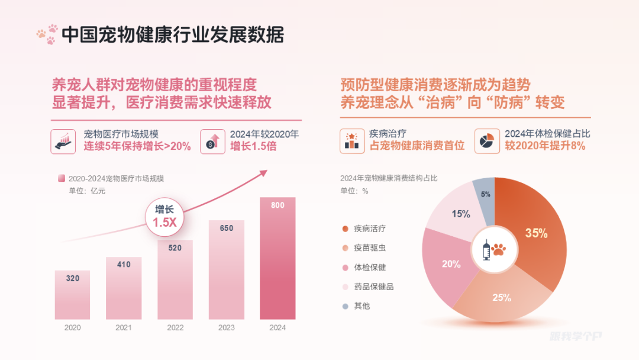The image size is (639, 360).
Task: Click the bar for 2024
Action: pyautogui.click(x=277, y=261)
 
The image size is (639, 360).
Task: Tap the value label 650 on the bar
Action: pyautogui.click(x=226, y=228)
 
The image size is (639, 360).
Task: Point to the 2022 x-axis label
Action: pyautogui.click(x=175, y=327)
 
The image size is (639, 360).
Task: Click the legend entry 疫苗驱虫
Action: pyautogui.click(x=370, y=248)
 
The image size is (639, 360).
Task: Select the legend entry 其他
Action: pyautogui.click(x=362, y=306)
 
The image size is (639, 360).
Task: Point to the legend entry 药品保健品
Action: pyautogui.click(x=373, y=287)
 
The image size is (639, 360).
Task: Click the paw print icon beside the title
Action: pyautogui.click(x=47, y=34)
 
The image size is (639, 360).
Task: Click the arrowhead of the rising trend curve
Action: pyautogui.click(x=264, y=172)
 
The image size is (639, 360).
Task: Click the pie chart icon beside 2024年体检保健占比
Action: pyautogui.click(x=486, y=141)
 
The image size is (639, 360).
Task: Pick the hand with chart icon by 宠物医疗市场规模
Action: pyautogui.click(x=63, y=141)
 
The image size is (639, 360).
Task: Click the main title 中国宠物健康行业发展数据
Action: pyautogui.click(x=173, y=35)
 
